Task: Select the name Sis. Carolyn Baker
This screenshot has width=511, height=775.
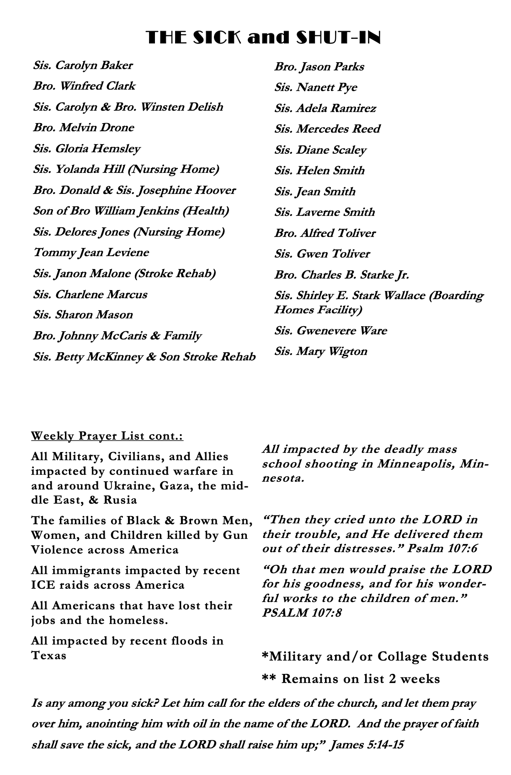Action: pyautogui.click(x=83, y=65)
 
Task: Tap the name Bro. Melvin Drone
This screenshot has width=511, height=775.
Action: pyautogui.click(x=84, y=128)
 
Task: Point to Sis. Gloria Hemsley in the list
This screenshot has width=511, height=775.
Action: pyautogui.click(x=87, y=149)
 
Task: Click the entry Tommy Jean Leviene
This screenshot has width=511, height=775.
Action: pyautogui.click(x=91, y=253)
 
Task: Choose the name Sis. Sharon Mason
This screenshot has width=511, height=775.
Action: pyautogui.click(x=83, y=315)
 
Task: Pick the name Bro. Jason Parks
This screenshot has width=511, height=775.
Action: pyautogui.click(x=319, y=67)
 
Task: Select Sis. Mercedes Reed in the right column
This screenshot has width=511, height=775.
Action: pyautogui.click(x=327, y=129)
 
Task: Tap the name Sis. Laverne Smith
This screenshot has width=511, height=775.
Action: pyautogui.click(x=325, y=212)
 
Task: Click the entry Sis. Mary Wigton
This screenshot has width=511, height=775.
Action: pyautogui.click(x=321, y=351)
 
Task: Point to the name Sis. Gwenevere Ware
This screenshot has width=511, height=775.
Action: pyautogui.click(x=330, y=331)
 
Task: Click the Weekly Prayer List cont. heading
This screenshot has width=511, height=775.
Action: pyautogui.click(x=107, y=436)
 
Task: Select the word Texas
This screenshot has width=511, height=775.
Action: pyautogui.click(x=49, y=656)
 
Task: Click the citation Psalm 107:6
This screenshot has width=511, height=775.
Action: pyautogui.click(x=442, y=549)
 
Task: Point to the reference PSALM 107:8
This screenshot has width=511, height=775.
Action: pyautogui.click(x=302, y=613)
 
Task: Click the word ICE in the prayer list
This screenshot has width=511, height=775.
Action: pyautogui.click(x=43, y=585)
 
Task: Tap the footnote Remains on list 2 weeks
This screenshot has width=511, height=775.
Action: pyautogui.click(x=360, y=678)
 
